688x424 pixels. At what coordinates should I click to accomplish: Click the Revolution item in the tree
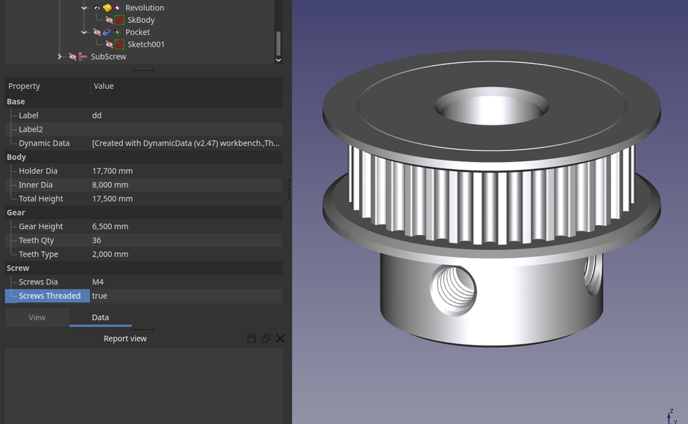[144, 8]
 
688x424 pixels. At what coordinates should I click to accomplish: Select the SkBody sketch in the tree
[140, 20]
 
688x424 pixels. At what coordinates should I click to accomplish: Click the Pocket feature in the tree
[138, 32]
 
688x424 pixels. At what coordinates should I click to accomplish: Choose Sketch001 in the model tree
[146, 44]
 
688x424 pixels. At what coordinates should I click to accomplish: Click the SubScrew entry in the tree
[108, 57]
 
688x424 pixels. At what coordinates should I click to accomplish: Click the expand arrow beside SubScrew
[59, 57]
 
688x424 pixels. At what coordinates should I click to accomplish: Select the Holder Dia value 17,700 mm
[113, 171]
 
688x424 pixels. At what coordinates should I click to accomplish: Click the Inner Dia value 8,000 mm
[110, 185]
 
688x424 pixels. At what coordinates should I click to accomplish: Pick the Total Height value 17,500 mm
[113, 199]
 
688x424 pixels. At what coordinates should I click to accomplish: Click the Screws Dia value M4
[98, 282]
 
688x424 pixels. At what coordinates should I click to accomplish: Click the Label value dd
[97, 115]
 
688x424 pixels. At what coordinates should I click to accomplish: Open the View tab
[37, 317]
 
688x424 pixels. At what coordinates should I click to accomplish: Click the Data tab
[100, 317]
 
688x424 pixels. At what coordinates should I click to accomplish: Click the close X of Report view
[280, 339]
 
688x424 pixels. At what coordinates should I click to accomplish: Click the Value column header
[104, 86]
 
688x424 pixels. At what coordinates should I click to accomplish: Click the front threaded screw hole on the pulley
[454, 290]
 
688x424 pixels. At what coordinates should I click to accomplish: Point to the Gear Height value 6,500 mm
[110, 226]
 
